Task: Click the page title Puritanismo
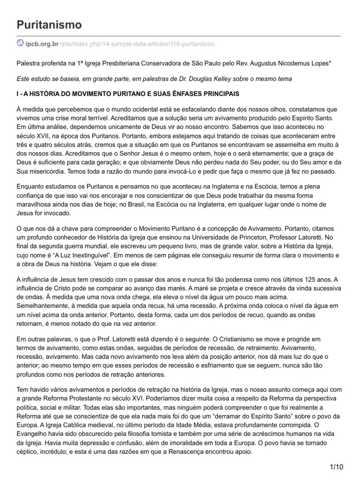click(x=49, y=24)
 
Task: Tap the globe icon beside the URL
click(x=20, y=43)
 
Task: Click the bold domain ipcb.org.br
click(x=42, y=44)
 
